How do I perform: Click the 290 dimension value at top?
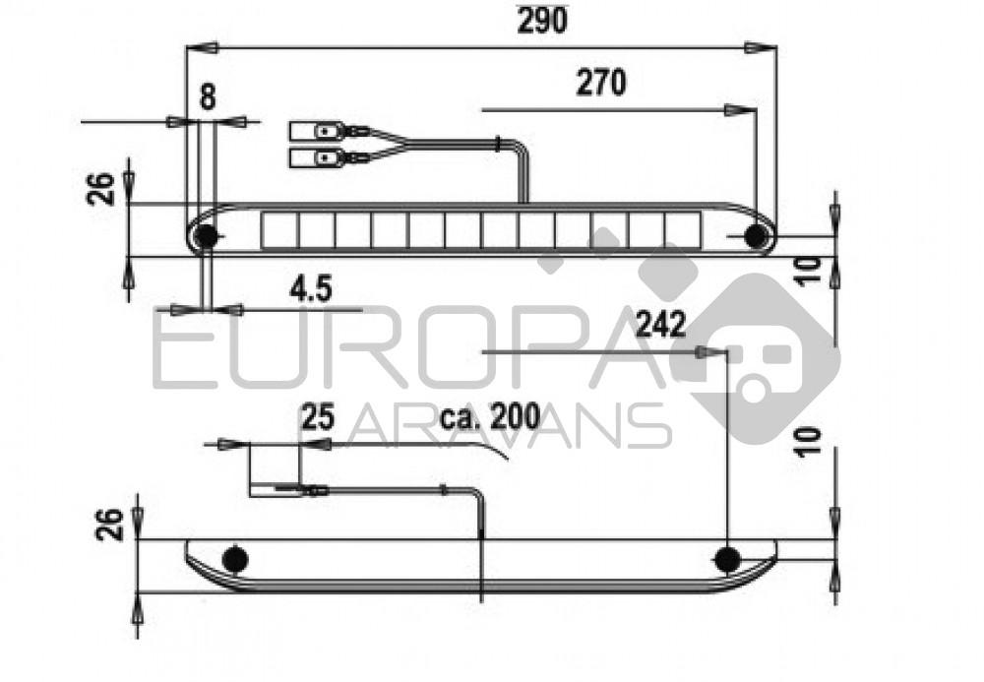(x=542, y=20)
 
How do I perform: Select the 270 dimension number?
(x=600, y=84)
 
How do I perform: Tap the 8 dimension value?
(x=208, y=96)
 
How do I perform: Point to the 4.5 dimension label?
(x=310, y=288)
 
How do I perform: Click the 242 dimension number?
(x=660, y=325)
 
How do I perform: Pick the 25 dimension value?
(x=317, y=417)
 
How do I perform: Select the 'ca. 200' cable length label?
(x=491, y=417)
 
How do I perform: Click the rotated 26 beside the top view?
(x=102, y=186)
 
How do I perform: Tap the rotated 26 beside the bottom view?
(x=113, y=524)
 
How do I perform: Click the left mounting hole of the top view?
(x=207, y=236)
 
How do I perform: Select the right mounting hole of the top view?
(x=756, y=236)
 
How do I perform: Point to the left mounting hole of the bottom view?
(x=234, y=559)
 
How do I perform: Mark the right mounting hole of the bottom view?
(x=727, y=559)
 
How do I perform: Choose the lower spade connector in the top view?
(x=315, y=157)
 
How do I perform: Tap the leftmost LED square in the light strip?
(x=279, y=230)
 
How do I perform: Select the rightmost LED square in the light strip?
(x=681, y=230)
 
